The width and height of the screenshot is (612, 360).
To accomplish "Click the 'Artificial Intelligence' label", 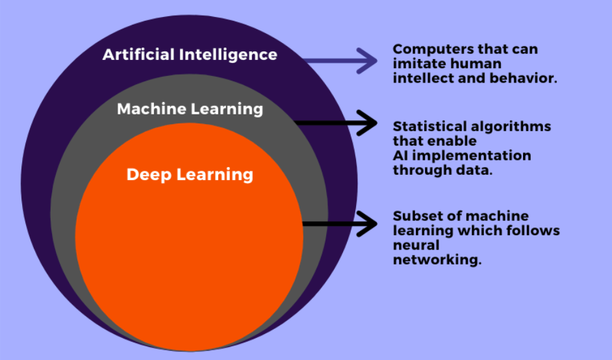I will [190, 54].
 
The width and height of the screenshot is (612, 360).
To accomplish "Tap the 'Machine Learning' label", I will [190, 109].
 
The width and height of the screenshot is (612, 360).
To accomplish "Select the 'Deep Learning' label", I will [190, 174].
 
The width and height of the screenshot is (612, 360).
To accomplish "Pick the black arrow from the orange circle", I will [340, 224].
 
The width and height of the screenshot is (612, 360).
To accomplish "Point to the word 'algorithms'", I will [515, 126].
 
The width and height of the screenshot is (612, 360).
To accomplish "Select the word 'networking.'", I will [437, 261].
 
